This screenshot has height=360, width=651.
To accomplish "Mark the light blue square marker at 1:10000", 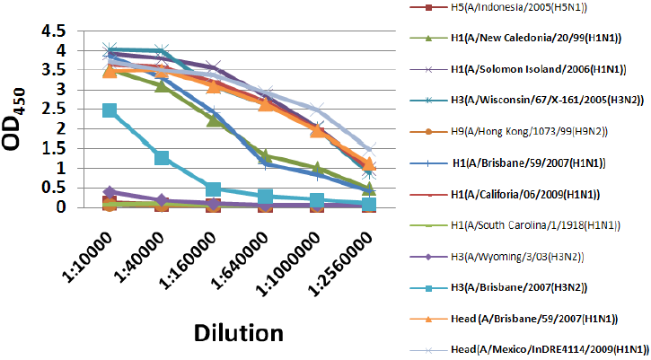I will coord(110,110).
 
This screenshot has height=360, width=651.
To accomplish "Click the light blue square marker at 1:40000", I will coord(162,158).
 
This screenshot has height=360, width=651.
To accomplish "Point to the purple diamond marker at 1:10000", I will coord(110,192).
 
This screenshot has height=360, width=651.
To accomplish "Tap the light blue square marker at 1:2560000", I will coord(370,205).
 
